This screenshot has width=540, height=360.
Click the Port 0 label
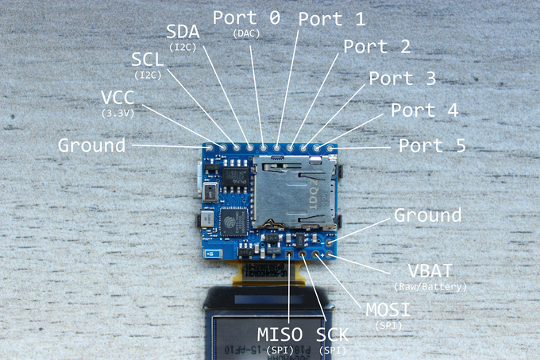tap(246, 17)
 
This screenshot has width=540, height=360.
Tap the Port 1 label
tap(331, 19)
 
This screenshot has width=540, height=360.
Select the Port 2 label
tap(376, 46)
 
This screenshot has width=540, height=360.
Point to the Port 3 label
tap(402, 79)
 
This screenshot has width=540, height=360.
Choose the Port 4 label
tap(424, 110)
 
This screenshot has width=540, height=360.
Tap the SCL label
tap(149, 59)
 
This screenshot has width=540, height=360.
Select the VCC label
tap(118, 97)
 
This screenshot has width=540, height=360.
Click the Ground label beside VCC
tap(91, 145)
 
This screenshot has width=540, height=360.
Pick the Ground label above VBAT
tap(427, 215)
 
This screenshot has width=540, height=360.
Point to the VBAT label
tap(429, 270)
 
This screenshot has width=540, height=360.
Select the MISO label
tap(280, 334)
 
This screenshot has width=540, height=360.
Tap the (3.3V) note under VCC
tap(118, 113)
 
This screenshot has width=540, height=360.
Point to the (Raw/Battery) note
tap(430, 285)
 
